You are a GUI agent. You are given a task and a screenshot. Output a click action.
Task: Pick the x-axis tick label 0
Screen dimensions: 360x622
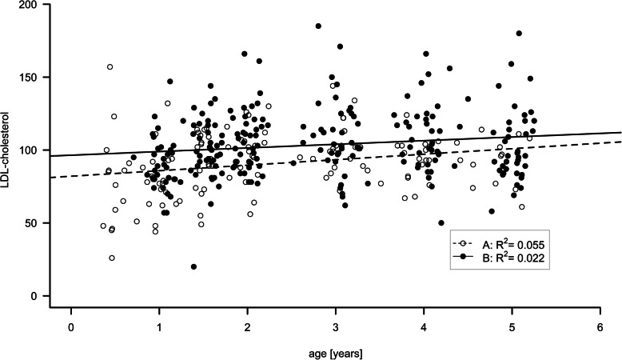click(71, 328)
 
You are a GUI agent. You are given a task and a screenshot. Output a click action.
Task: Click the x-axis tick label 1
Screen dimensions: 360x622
click(159, 328)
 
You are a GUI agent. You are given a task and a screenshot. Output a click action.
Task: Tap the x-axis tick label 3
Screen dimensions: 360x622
click(336, 328)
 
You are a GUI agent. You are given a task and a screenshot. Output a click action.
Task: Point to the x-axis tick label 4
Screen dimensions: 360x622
click(424, 328)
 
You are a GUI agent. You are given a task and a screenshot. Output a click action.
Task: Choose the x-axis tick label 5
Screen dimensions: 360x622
click(512, 328)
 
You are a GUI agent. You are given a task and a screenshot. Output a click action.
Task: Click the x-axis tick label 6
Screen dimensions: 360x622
click(600, 328)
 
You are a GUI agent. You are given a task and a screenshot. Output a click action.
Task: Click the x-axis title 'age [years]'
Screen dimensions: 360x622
click(335, 350)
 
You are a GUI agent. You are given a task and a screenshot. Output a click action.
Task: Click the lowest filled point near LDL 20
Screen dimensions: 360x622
click(194, 266)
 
